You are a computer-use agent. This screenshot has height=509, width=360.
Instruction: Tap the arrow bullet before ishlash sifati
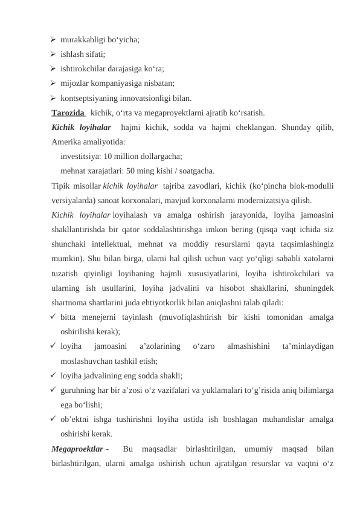[x=54, y=55]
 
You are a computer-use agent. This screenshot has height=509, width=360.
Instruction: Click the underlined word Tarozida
[x=68, y=112]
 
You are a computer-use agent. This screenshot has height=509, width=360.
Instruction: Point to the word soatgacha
[x=197, y=170]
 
